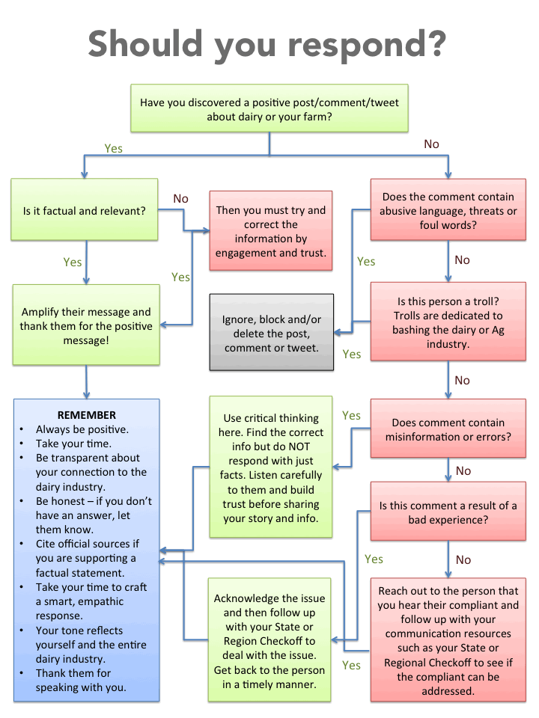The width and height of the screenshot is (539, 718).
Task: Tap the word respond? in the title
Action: click(367, 46)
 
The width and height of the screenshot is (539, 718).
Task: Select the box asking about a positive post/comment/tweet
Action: click(269, 109)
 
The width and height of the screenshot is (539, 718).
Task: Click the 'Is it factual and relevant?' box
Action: click(85, 210)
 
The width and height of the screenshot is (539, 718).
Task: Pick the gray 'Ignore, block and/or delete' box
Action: click(271, 333)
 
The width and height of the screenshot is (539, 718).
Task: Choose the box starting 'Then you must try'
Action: click(271, 231)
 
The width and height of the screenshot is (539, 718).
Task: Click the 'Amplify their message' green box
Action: click(86, 325)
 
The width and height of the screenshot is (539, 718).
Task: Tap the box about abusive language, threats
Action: click(448, 210)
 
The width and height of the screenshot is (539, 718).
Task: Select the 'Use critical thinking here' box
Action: click(271, 467)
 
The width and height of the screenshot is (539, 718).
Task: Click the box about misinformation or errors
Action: click(448, 429)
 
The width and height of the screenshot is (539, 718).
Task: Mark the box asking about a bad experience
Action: click(448, 512)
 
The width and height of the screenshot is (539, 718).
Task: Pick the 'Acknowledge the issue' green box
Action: click(269, 641)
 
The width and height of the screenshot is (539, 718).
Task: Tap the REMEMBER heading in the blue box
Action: click(87, 415)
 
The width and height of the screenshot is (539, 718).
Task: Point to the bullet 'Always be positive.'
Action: click(82, 429)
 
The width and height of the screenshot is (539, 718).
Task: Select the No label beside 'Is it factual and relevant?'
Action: click(181, 199)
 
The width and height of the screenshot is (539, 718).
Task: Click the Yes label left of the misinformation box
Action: click(351, 415)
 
